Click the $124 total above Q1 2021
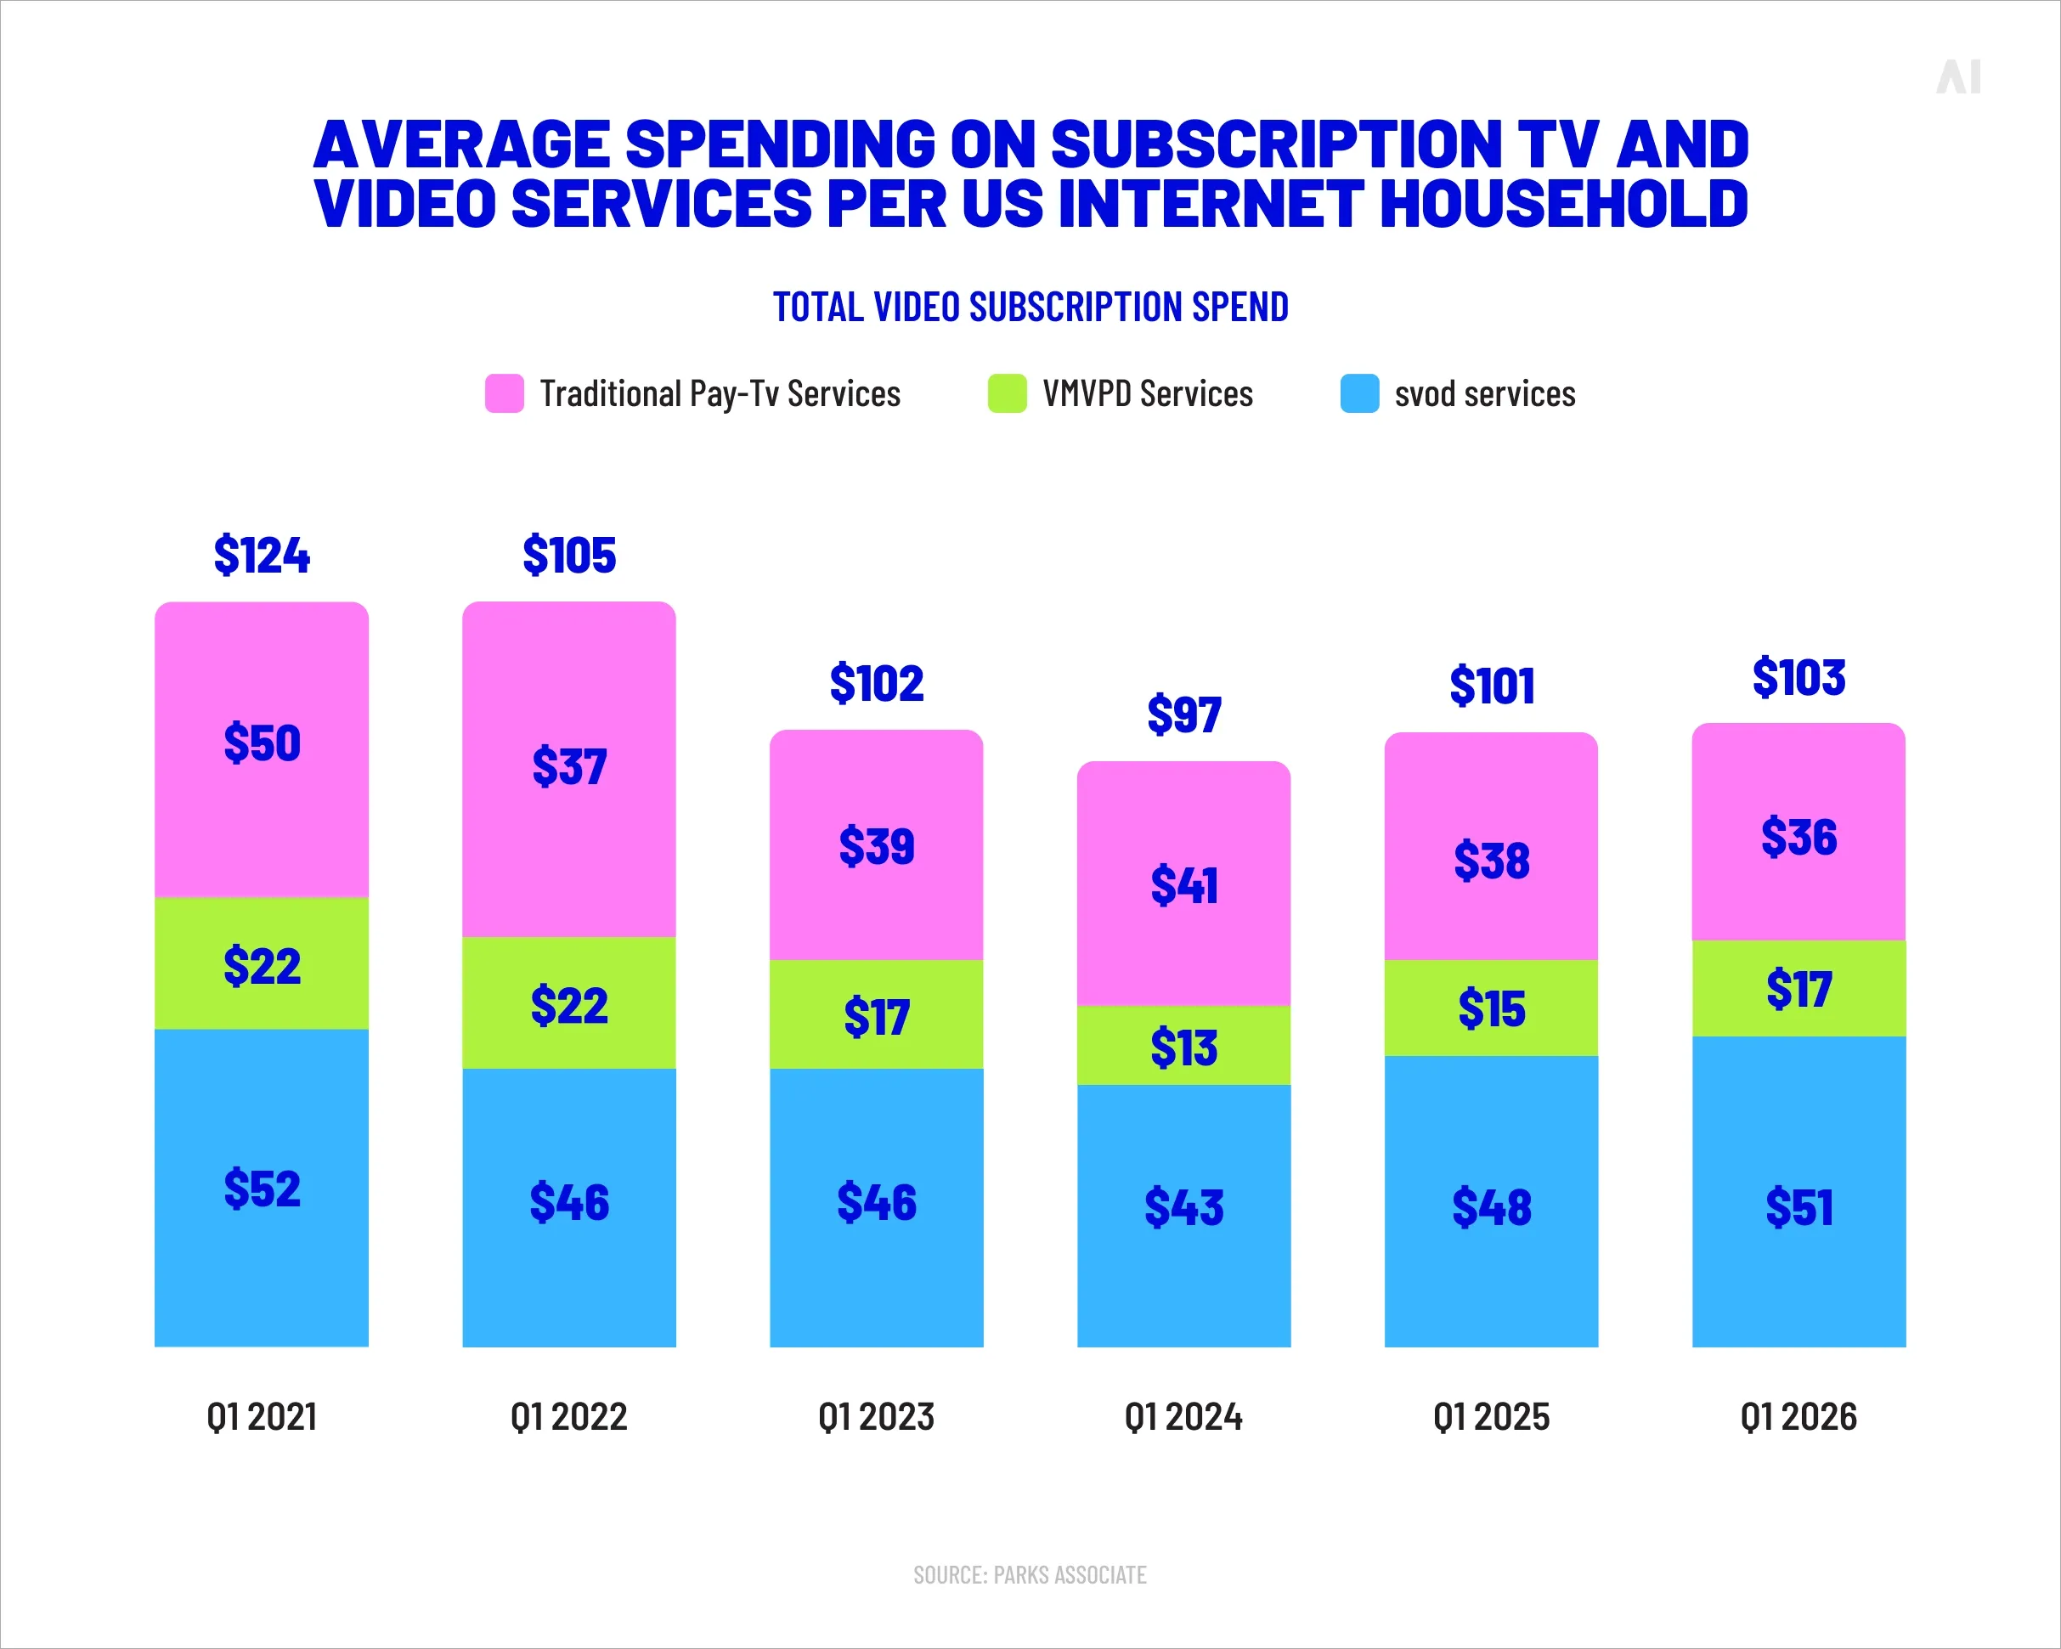pos(261,556)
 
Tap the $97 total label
pos(1183,714)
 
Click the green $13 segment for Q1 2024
pos(1183,1047)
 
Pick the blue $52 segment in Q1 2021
pos(261,1189)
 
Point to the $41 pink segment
pos(1183,884)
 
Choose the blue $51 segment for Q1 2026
pos(1798,1206)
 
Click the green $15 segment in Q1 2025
pos(1490,1008)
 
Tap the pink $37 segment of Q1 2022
pos(569,766)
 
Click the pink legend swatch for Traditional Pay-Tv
pos(504,392)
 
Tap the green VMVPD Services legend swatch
pos(1007,392)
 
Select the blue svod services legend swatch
pos(1358,392)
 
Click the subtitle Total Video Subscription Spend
pos(1030,307)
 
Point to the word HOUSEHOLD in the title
pos(1564,204)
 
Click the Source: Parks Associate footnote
pos(1030,1574)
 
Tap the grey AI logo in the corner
pos(1959,76)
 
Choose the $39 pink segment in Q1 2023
pos(876,846)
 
